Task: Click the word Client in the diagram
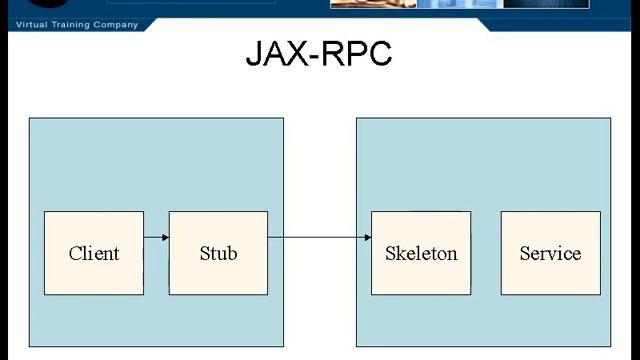tap(94, 254)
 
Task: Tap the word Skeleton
tap(421, 254)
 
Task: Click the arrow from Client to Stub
tap(155, 237)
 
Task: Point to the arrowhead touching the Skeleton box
tap(367, 237)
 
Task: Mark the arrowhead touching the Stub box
tap(164, 237)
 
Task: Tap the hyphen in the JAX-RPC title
tap(313, 56)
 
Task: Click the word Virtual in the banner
tap(29, 24)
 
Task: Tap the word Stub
tap(218, 254)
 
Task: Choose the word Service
tap(550, 254)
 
